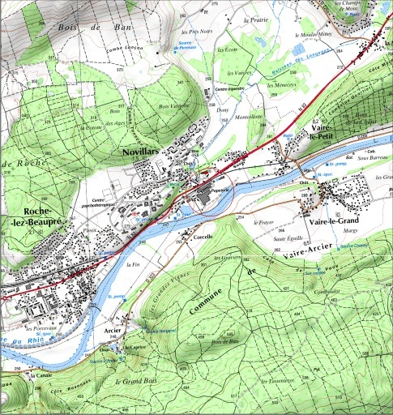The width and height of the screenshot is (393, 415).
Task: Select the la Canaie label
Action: click(x=40, y=376)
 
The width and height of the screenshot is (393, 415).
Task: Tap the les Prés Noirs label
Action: click(x=192, y=32)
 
